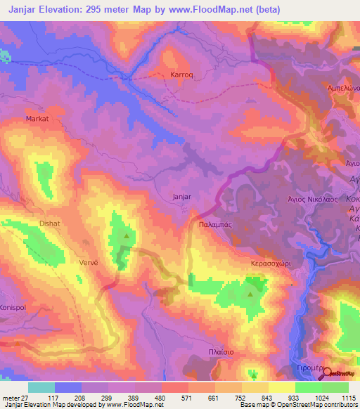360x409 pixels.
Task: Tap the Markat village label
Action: coord(37,119)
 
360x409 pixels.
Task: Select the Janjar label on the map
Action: coord(182,197)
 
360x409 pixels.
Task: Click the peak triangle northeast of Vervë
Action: coord(127,235)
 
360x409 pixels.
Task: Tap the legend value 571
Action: coord(174,397)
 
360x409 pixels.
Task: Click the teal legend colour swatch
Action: coord(41,387)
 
